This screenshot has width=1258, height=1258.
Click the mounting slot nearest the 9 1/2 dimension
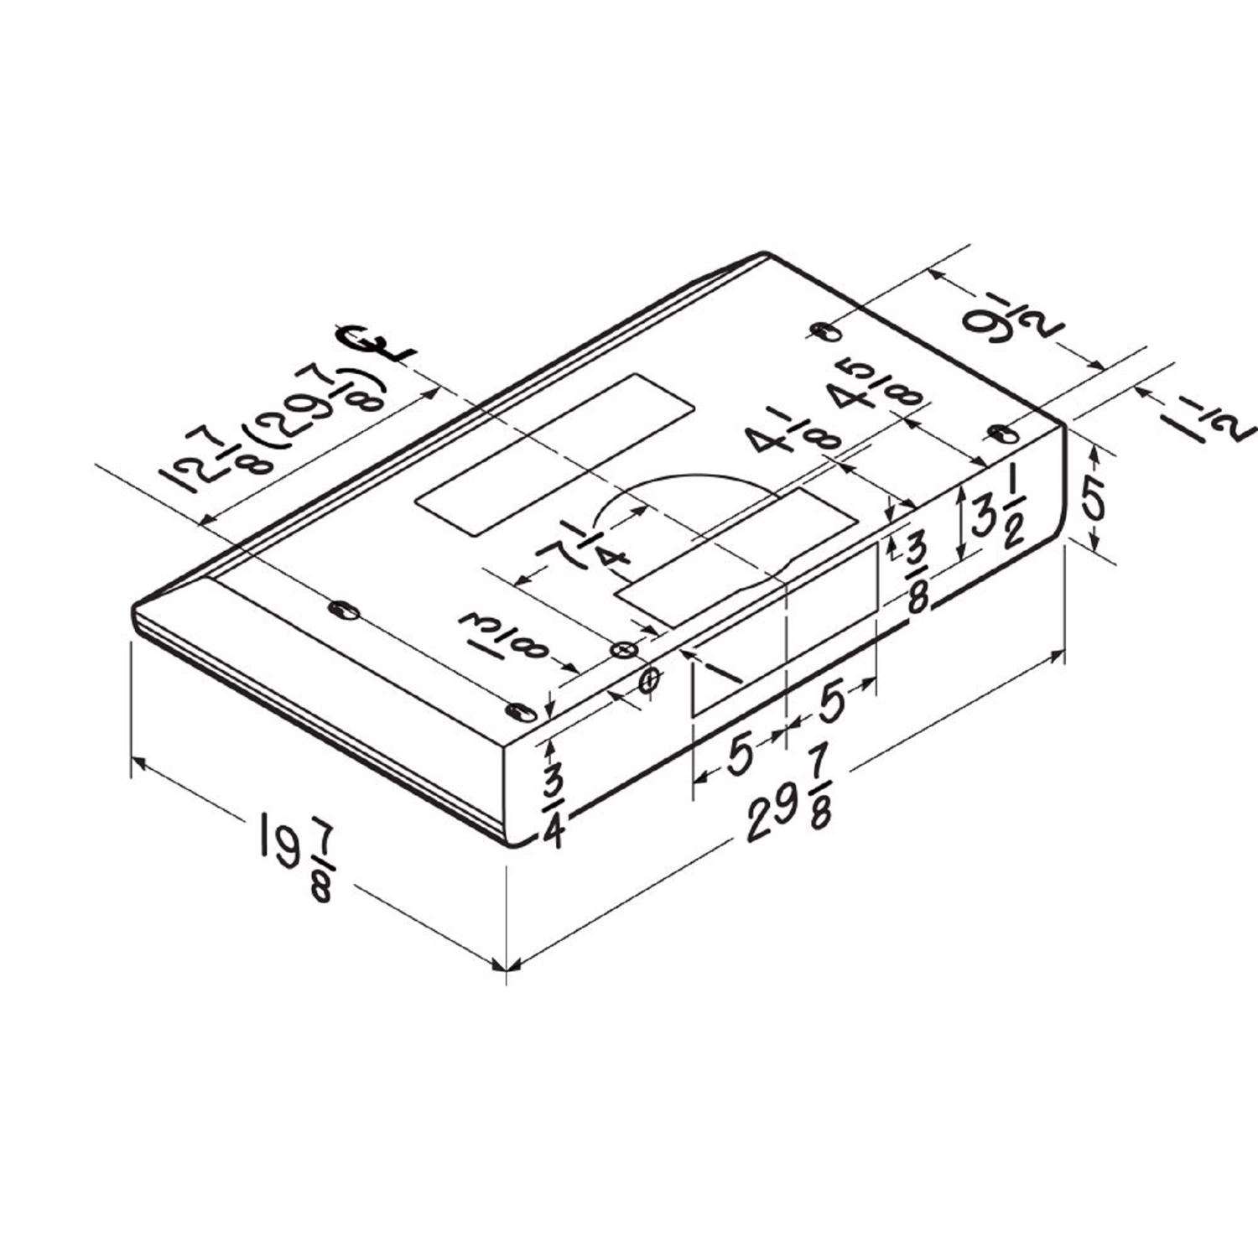825,331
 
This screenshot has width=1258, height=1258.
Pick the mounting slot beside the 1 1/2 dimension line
1001,434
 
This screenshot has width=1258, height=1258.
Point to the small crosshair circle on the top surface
622,650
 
